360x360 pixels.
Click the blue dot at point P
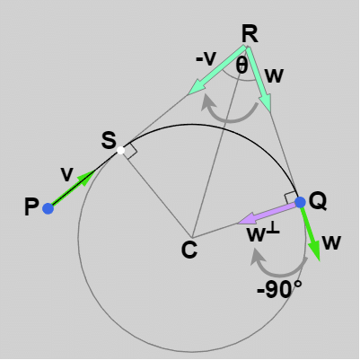[48, 208]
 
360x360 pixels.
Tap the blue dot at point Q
[300, 202]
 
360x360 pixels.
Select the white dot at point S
[120, 150]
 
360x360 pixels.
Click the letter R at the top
[250, 34]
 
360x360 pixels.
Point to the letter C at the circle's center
[189, 250]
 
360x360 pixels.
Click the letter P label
[31, 207]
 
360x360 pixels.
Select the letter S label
[109, 140]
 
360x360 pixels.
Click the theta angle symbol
[241, 66]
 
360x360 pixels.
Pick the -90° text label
[279, 290]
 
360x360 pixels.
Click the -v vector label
[206, 59]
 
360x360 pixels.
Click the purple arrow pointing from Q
[268, 213]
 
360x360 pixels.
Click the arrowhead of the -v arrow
[196, 86]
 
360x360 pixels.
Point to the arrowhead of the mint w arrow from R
[266, 103]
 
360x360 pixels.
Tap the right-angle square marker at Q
[290, 198]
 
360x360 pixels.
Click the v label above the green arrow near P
[66, 174]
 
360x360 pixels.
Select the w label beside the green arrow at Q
[332, 242]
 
